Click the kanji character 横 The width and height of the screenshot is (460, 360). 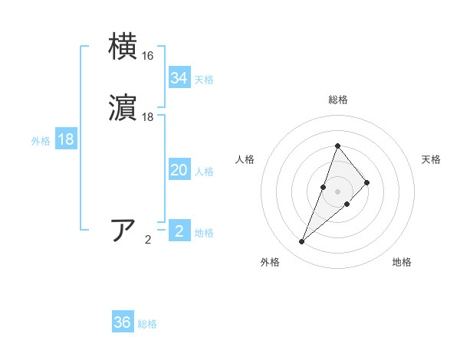pos(123,46)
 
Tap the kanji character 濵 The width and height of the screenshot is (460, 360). pos(123,110)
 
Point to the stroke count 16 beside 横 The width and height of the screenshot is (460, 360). pos(148,56)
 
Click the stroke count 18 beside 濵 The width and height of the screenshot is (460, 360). pos(148,118)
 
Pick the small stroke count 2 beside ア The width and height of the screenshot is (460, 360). pos(148,240)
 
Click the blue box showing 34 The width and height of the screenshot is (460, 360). pos(179,78)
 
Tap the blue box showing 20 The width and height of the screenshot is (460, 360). pos(179,170)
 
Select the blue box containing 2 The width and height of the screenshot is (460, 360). pos(179,231)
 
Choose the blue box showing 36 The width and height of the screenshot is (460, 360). pos(123,322)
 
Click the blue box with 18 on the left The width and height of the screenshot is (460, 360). pos(66,139)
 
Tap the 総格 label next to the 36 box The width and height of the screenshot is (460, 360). pos(148,324)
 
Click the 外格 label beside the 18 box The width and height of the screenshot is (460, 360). pos(41,141)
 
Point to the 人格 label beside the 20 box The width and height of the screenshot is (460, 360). pos(205,172)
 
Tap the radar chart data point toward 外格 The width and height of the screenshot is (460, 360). pos(301,242)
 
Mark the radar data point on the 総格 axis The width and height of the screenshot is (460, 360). pos(337,146)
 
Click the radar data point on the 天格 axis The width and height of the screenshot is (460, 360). pos(367,182)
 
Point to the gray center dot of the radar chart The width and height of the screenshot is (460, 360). pos(337,191)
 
